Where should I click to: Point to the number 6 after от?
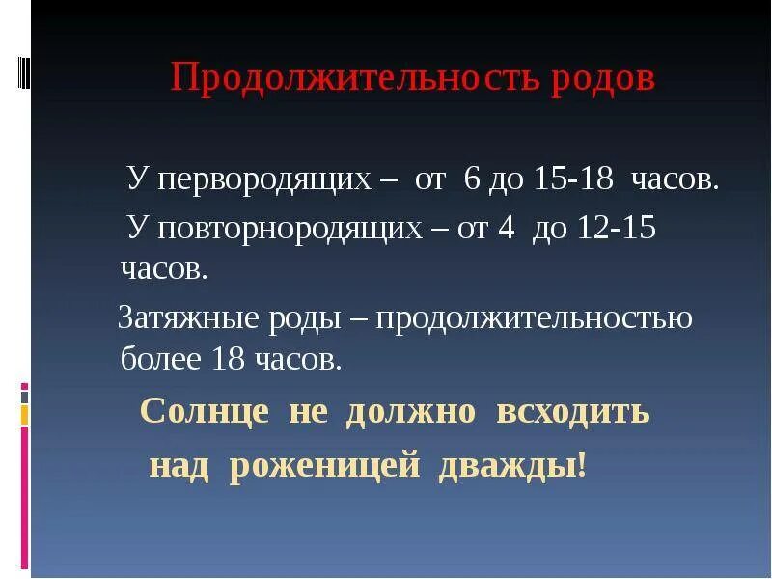(x=471, y=180)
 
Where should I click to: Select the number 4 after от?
(x=509, y=229)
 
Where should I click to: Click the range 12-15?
(x=617, y=229)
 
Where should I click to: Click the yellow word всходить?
(x=573, y=412)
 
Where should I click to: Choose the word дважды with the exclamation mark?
(x=512, y=466)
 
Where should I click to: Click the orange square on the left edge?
(x=25, y=416)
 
